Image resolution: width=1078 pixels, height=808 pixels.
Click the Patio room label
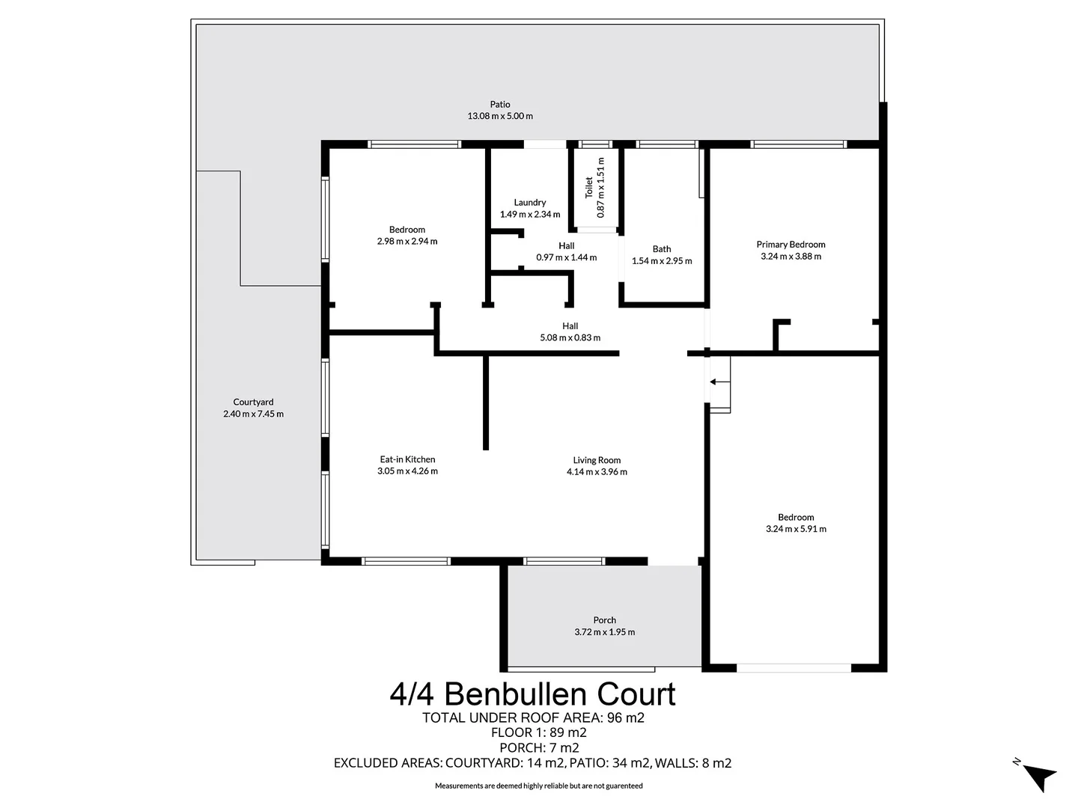click(500, 105)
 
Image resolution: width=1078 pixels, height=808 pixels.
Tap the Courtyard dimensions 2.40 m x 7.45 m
click(253, 414)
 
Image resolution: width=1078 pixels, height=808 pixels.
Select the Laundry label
click(530, 203)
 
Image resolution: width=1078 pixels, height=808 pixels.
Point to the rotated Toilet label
click(589, 187)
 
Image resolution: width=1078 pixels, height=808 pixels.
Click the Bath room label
click(662, 249)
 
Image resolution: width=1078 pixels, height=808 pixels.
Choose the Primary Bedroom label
click(791, 245)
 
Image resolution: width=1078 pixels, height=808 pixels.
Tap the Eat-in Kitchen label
click(407, 459)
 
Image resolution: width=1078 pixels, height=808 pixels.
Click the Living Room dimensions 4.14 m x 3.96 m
click(597, 472)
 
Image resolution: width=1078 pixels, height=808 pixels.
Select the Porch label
click(605, 620)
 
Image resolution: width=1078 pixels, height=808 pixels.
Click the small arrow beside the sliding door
click(719, 382)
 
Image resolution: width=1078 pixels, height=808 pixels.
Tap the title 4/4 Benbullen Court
click(532, 694)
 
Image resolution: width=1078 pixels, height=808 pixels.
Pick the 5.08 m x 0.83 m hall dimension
click(570, 337)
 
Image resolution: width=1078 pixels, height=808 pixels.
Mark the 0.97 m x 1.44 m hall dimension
click(567, 257)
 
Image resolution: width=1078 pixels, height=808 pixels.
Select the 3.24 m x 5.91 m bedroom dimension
click(796, 529)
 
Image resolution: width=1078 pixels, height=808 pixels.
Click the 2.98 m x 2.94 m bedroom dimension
click(407, 242)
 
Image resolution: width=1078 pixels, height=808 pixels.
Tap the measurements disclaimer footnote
click(539, 786)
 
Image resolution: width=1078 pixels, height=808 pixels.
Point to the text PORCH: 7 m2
click(539, 747)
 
